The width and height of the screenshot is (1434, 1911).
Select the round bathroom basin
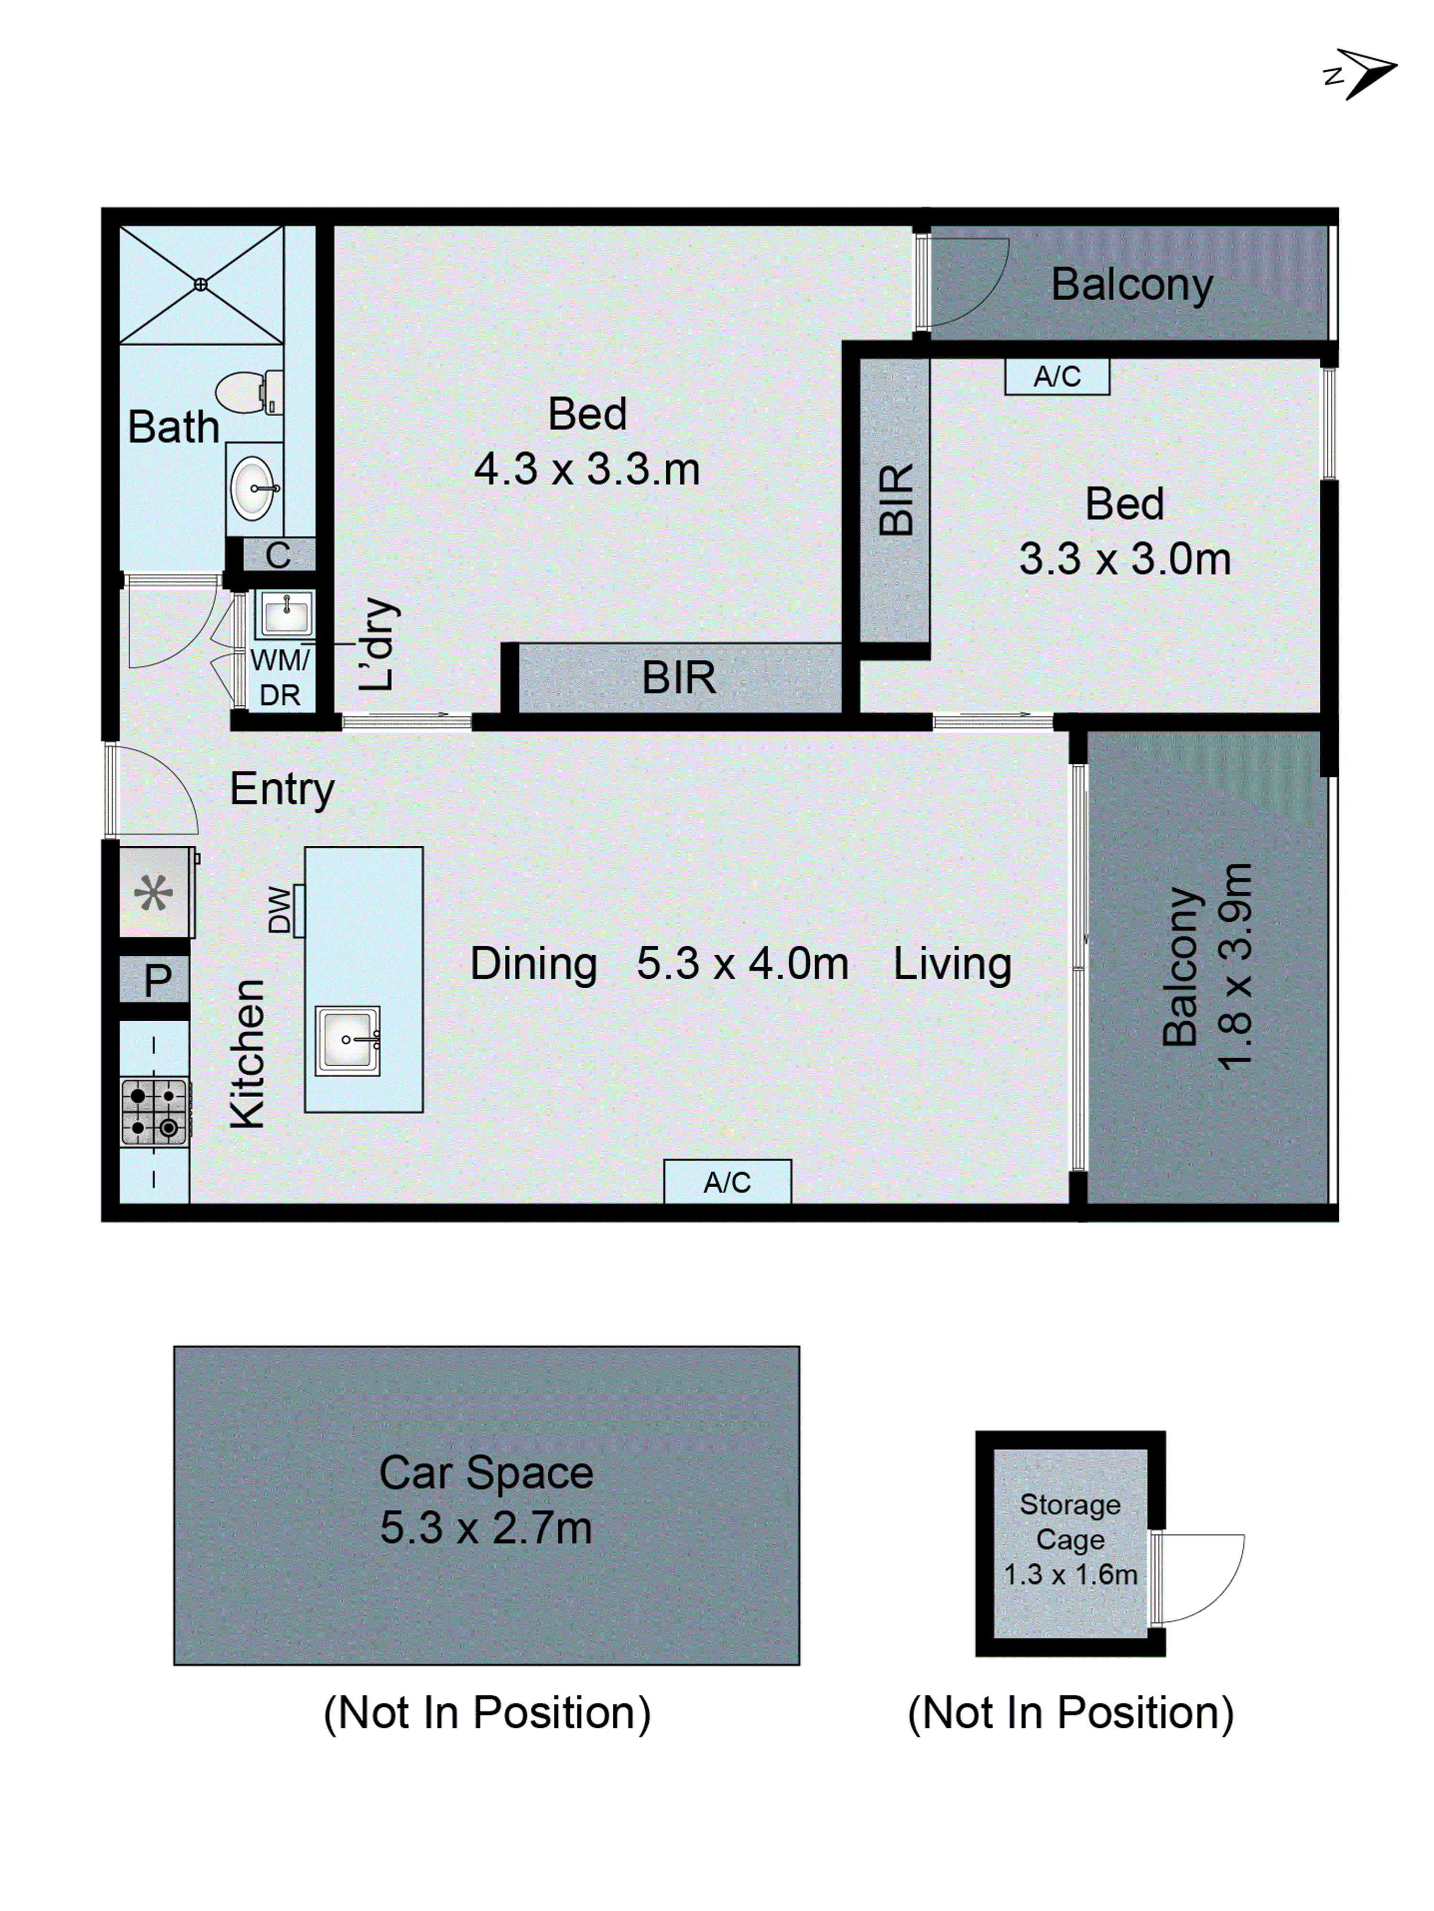click(253, 488)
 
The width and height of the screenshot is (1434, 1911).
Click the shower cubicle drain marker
click(200, 284)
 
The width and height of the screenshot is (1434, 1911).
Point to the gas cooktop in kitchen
click(154, 1112)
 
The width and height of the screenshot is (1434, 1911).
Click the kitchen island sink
click(348, 1040)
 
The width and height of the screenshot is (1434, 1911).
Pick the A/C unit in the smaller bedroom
click(1056, 377)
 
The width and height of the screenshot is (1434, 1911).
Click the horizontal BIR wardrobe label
click(679, 678)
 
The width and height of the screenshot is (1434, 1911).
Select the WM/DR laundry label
click(279, 678)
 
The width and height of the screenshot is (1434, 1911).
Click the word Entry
click(282, 789)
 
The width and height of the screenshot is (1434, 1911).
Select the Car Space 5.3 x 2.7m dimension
click(486, 1528)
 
